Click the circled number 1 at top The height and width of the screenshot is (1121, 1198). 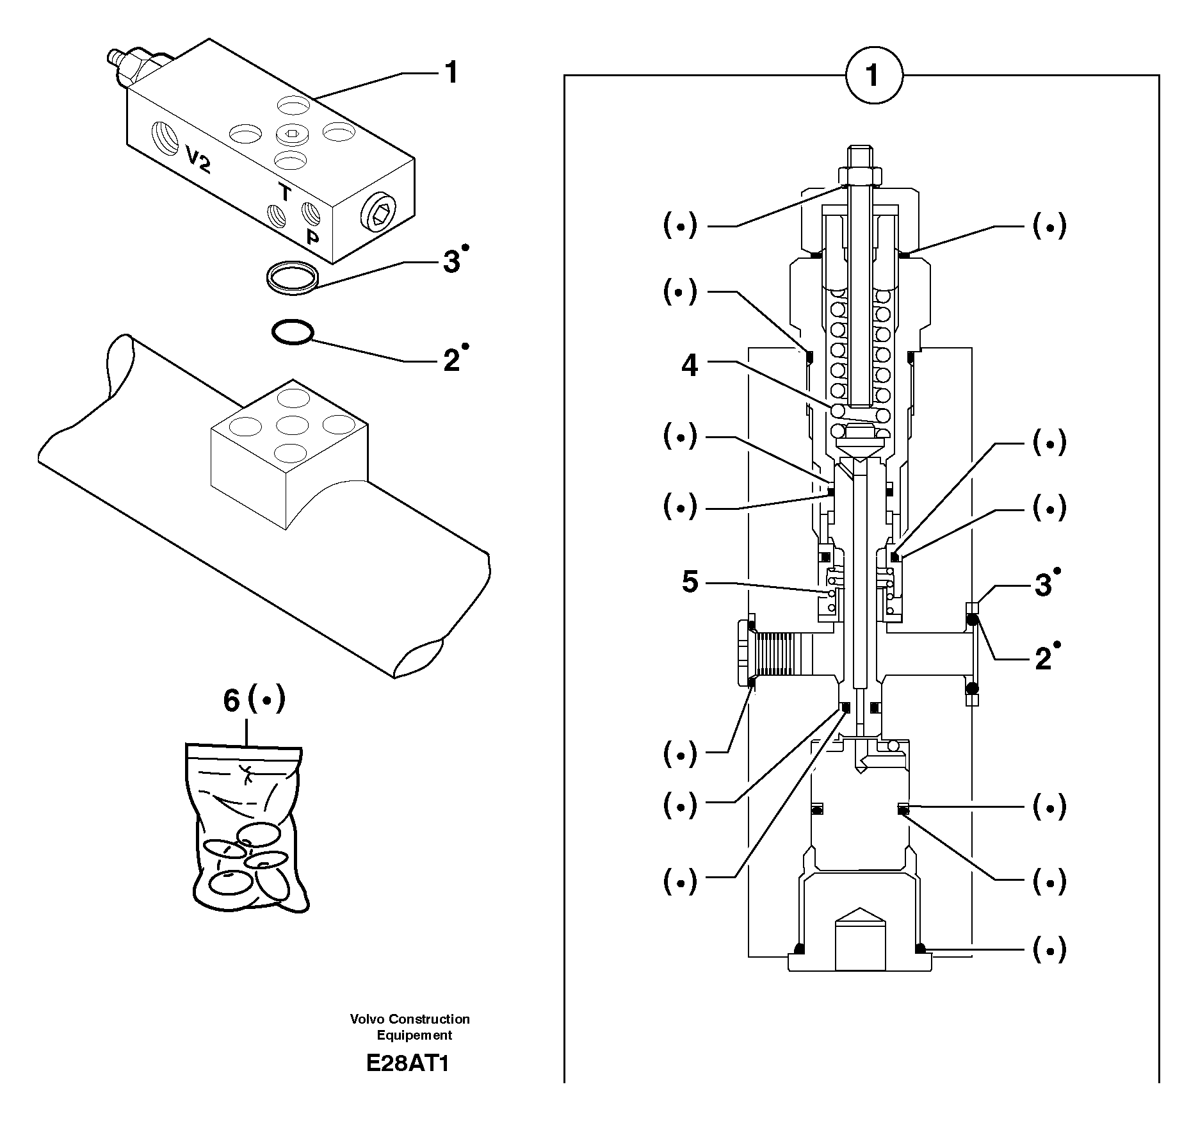pos(873,76)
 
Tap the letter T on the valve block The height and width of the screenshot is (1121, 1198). pos(284,192)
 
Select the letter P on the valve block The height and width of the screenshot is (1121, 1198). pos(312,238)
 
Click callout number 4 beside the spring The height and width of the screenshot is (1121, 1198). pos(690,366)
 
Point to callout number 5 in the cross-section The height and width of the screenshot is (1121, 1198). pos(690,582)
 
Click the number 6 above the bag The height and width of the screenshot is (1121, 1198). pos(231,701)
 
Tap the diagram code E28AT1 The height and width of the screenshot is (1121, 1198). pos(408,1063)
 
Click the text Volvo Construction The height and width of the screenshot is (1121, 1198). pos(410,1019)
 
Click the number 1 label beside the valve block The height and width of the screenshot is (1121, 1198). pos(451,73)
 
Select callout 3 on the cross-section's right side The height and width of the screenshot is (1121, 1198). pos(1043,585)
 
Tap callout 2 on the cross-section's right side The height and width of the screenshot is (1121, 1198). pos(1043,659)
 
